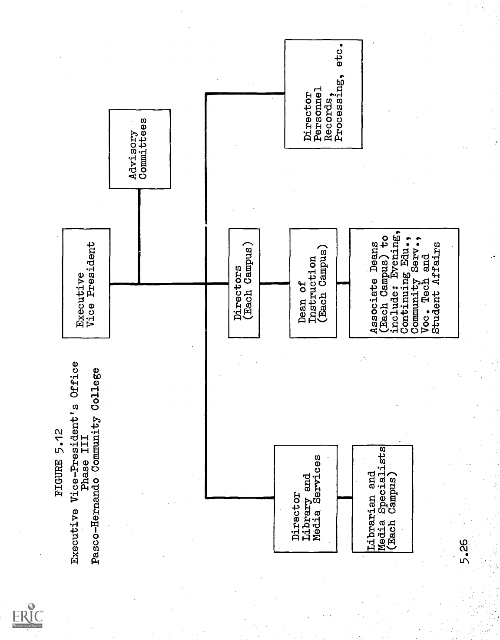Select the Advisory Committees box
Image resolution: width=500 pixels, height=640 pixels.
(139, 149)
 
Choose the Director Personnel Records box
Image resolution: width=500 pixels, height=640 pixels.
(323, 94)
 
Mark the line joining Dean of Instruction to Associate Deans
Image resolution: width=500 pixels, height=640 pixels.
(342, 284)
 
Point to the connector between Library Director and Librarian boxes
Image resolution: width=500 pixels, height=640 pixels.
(345, 497)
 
